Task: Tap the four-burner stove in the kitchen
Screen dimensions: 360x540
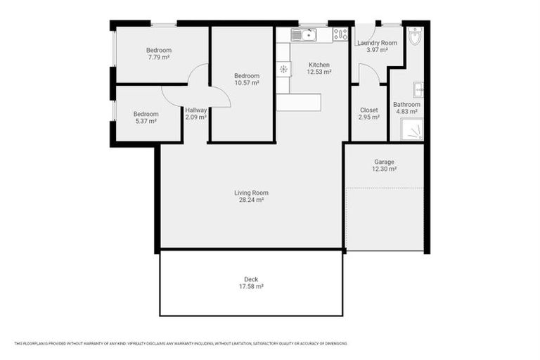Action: click(340, 34)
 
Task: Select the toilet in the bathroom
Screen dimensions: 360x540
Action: click(414, 36)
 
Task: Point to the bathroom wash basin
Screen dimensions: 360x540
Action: click(418, 89)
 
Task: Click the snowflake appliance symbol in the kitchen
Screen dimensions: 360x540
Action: click(283, 68)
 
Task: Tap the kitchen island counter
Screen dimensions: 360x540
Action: click(298, 103)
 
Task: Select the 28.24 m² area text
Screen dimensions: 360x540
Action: click(251, 200)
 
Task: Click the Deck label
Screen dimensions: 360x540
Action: click(251, 279)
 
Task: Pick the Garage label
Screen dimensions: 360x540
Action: click(384, 162)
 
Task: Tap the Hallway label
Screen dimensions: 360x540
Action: click(195, 110)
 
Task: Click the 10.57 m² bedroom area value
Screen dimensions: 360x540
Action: click(247, 83)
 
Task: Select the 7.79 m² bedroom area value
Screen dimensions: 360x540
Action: click(158, 57)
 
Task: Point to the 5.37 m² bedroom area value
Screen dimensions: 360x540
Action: click(146, 121)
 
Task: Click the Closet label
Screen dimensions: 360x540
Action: click(368, 110)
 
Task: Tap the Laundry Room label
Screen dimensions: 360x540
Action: click(377, 43)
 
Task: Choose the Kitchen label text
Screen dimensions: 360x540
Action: click(319, 65)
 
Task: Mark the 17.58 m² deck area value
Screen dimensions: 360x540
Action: click(251, 286)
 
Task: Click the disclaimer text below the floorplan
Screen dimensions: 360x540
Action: click(181, 343)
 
